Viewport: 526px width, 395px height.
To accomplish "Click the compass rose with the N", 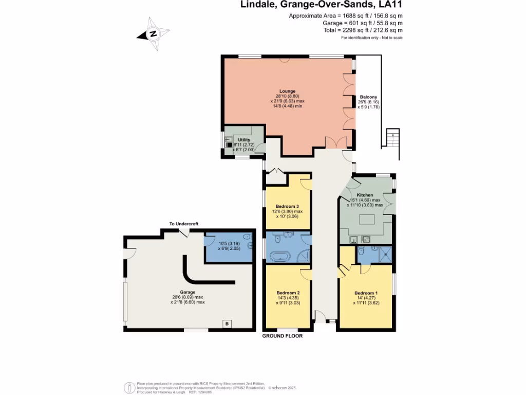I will point(153,34).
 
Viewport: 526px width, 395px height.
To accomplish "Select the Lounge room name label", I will point(287,91).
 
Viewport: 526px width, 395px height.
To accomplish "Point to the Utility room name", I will point(243,140).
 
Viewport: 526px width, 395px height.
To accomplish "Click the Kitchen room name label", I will point(365,195).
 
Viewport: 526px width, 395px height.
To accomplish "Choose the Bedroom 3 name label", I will point(287,206).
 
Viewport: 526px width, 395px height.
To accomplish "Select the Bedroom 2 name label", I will point(288,293).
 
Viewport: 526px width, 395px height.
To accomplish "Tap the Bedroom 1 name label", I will point(366,293).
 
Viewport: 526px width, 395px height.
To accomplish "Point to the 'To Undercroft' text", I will point(184,224).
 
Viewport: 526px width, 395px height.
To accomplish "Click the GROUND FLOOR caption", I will point(283,336).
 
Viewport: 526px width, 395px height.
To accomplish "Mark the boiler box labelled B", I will point(227,324).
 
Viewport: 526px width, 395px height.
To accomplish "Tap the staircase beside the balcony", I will point(391,139).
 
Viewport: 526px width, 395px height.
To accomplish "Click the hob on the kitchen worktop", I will point(367,239).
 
